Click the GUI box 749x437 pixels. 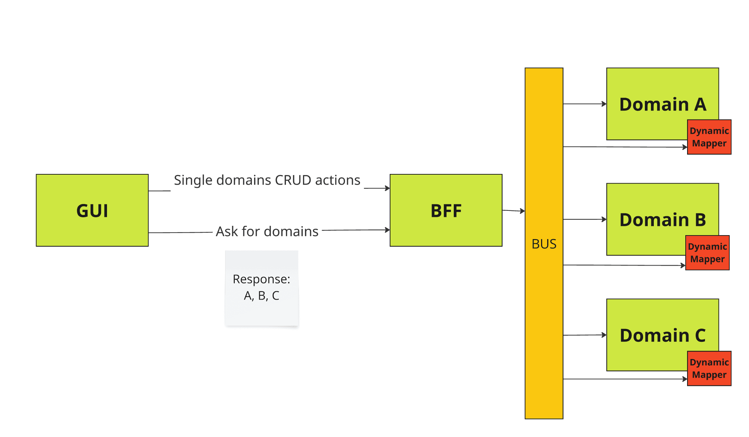(x=92, y=210)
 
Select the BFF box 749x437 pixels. (x=446, y=210)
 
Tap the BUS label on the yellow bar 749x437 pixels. (x=544, y=244)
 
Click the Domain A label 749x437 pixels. (x=662, y=105)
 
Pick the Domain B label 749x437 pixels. (x=662, y=220)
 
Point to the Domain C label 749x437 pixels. (x=662, y=335)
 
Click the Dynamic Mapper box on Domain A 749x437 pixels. (x=709, y=137)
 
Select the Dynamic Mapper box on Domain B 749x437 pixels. (x=707, y=253)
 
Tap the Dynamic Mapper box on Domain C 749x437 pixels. (x=709, y=368)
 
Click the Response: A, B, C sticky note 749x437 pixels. (x=262, y=288)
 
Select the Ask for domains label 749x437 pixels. (x=267, y=232)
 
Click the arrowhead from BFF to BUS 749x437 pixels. (x=523, y=211)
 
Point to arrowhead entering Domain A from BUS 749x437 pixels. (x=604, y=104)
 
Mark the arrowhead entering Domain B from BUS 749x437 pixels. (x=604, y=219)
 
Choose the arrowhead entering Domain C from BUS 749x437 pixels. (x=604, y=335)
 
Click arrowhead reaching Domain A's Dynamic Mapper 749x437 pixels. (x=685, y=147)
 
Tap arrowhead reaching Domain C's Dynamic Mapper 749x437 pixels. (x=685, y=379)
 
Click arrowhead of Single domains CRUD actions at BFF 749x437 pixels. (x=388, y=188)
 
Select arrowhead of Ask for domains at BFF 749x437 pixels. (x=388, y=230)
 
